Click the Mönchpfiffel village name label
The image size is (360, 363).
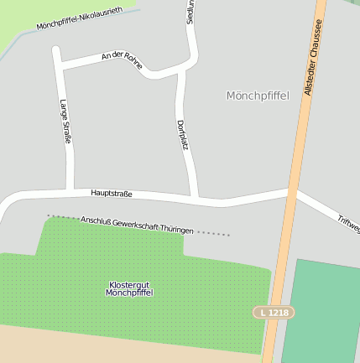[258, 96]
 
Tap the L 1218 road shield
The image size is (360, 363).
[274, 312]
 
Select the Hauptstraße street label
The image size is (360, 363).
[112, 194]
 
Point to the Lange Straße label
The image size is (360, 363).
[65, 122]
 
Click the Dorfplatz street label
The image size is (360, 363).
[182, 135]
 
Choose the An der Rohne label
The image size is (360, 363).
[122, 60]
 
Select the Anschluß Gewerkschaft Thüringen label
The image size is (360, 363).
[138, 225]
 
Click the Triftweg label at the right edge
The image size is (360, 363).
[348, 222]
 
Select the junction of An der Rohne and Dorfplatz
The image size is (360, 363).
[178, 74]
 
